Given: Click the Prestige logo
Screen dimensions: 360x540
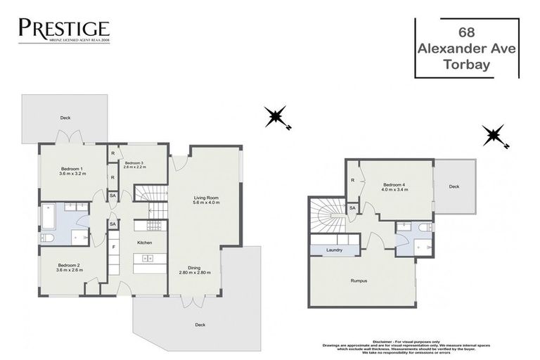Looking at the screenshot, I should pos(64,30).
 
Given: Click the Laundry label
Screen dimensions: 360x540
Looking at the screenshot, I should pos(334,249).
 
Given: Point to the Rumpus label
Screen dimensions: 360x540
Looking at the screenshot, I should pos(360,281).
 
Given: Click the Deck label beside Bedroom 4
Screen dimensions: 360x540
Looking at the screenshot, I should pos(454,187).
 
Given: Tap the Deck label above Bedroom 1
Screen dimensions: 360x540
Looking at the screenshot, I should pos(65,117).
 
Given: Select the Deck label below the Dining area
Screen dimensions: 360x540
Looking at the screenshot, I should pos(200,324).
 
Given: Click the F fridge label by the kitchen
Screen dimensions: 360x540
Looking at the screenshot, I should pos(112,247).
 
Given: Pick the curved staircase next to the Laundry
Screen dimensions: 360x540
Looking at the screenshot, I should pos(328,213).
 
